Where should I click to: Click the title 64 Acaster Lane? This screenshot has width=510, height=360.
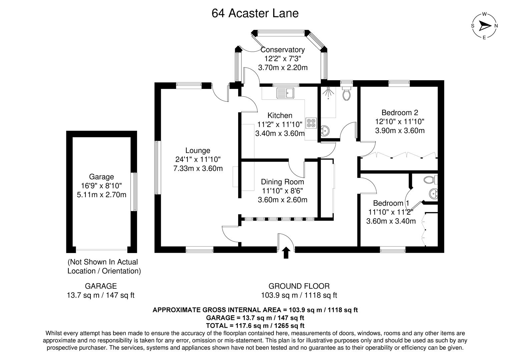pyautogui.click(x=255, y=13)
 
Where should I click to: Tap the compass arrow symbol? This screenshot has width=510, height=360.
pyautogui.click(x=484, y=26)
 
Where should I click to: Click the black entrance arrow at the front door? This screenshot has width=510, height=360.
pyautogui.click(x=286, y=253)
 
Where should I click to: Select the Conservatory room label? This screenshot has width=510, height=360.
pyautogui.click(x=283, y=50)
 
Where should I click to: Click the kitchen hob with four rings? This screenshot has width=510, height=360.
pyautogui.click(x=311, y=123)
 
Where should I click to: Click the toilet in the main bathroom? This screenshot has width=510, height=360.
pyautogui.click(x=347, y=94)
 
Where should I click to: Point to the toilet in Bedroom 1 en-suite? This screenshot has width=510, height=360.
pyautogui.click(x=430, y=180)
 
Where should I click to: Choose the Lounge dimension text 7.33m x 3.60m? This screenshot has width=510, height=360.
pyautogui.click(x=198, y=168)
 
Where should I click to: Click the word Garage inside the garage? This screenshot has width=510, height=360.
pyautogui.click(x=101, y=177)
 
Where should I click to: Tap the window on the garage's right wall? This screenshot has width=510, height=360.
pyautogui.click(x=134, y=192)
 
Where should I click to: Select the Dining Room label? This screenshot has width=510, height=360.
pyautogui.click(x=282, y=182)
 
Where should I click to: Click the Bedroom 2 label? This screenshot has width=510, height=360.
pyautogui.click(x=400, y=113)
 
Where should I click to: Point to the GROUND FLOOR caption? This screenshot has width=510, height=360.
pyautogui.click(x=299, y=286)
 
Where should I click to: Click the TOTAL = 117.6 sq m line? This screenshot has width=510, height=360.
pyautogui.click(x=255, y=326)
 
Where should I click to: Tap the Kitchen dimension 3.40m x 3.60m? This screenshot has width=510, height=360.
pyautogui.click(x=280, y=134)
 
